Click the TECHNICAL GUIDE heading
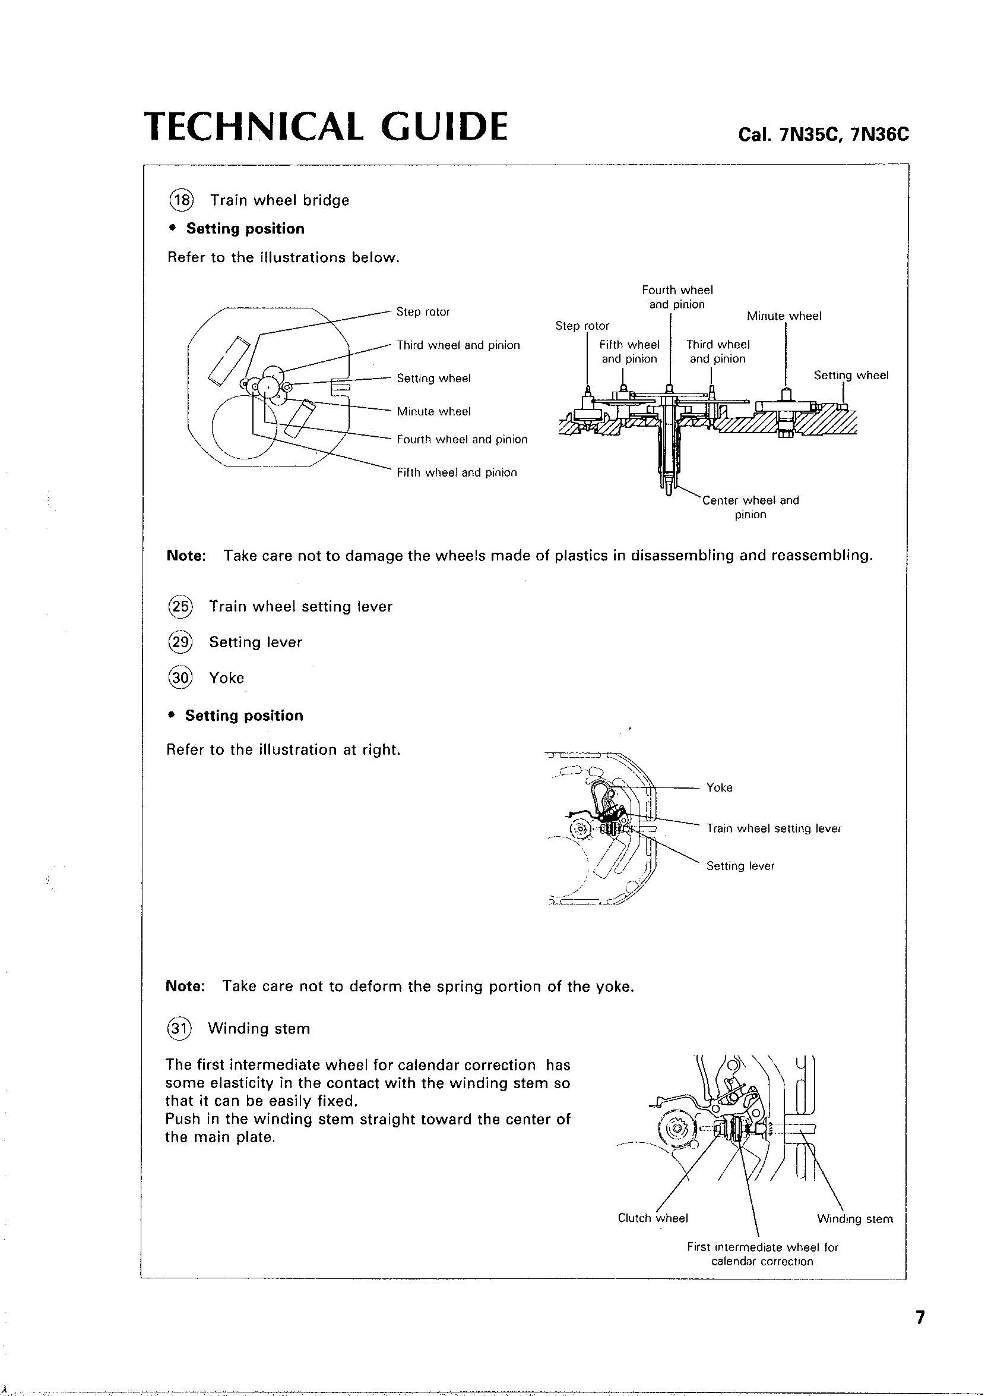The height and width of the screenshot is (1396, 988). tap(325, 127)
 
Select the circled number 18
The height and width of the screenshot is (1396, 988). tap(180, 200)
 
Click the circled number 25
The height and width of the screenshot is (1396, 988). tap(179, 606)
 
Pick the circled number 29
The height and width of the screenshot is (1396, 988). tap(179, 642)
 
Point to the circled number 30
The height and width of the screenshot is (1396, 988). tap(179, 677)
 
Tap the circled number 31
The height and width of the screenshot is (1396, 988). tap(179, 1028)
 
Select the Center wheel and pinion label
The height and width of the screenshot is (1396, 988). tap(750, 507)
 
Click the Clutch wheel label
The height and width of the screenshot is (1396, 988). tap(652, 1218)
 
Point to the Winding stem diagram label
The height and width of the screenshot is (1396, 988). tap(855, 1219)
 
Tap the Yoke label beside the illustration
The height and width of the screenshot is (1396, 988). tap(719, 787)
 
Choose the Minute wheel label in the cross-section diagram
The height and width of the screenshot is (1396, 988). tap(784, 316)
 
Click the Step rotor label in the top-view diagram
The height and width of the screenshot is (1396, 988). tap(423, 312)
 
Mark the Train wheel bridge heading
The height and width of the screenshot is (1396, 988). tap(279, 200)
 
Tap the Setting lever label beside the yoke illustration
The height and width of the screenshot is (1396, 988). tap(740, 866)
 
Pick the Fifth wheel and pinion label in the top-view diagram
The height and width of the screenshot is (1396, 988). tap(456, 472)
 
